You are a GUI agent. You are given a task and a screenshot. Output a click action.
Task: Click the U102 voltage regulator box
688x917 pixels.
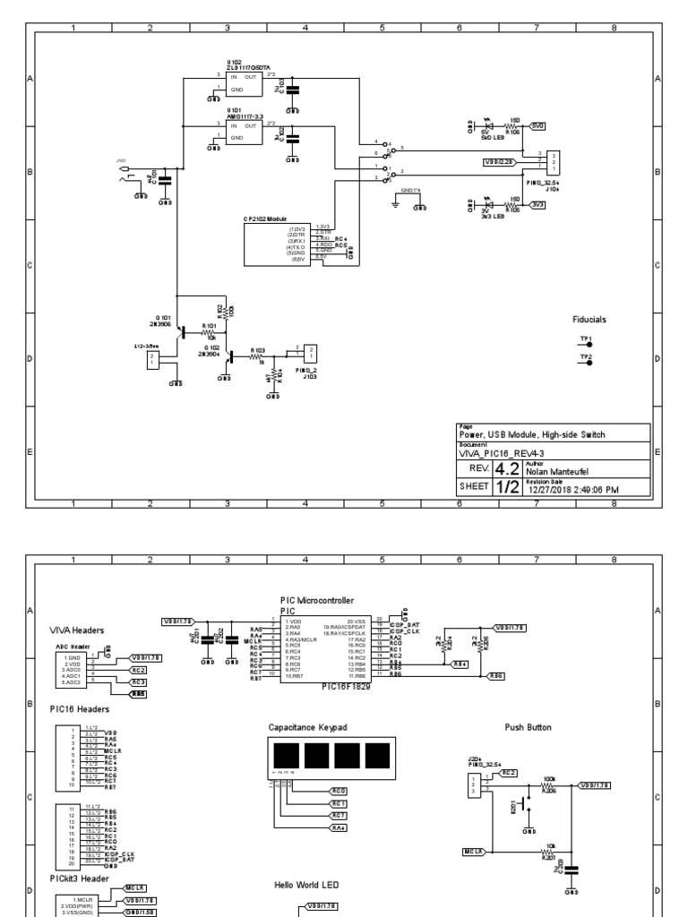(x=243, y=83)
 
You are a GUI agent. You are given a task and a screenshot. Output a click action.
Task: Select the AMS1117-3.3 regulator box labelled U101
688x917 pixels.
(x=243, y=133)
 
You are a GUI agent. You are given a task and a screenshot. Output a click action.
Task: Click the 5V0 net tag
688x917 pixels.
(x=538, y=126)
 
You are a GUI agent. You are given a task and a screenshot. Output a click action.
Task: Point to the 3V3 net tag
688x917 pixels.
(x=538, y=204)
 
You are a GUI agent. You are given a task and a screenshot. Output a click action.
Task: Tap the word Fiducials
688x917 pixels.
(x=589, y=319)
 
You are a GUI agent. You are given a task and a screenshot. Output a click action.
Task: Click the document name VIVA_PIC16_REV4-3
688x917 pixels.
(x=497, y=454)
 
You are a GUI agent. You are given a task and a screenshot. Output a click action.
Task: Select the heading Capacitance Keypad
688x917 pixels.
(x=306, y=728)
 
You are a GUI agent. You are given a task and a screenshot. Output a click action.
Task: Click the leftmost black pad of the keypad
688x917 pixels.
(x=284, y=754)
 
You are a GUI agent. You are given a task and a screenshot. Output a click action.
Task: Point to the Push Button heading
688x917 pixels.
(x=527, y=728)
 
